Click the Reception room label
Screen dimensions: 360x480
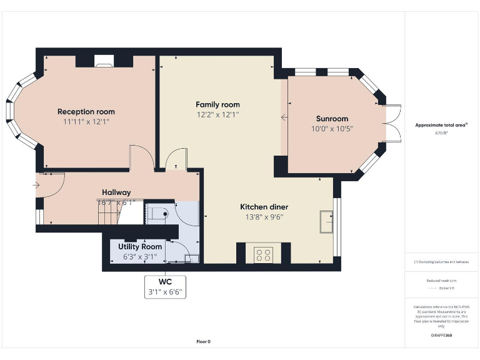(86, 112)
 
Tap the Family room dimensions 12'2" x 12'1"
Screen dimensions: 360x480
(217, 114)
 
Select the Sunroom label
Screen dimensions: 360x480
(332, 119)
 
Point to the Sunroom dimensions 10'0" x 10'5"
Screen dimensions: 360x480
(332, 129)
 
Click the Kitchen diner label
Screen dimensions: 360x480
(264, 207)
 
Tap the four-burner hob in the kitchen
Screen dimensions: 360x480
(263, 254)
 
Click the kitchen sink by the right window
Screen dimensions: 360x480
(326, 221)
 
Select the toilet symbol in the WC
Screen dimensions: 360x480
(158, 214)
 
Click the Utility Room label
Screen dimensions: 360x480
(140, 247)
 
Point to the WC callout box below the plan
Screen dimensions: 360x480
(165, 287)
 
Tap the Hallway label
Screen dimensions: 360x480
(116, 192)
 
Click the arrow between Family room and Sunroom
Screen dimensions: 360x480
(284, 116)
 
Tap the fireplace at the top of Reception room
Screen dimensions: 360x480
(104, 61)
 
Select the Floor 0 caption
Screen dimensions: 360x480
(204, 341)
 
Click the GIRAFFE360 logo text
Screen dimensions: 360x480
(441, 336)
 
